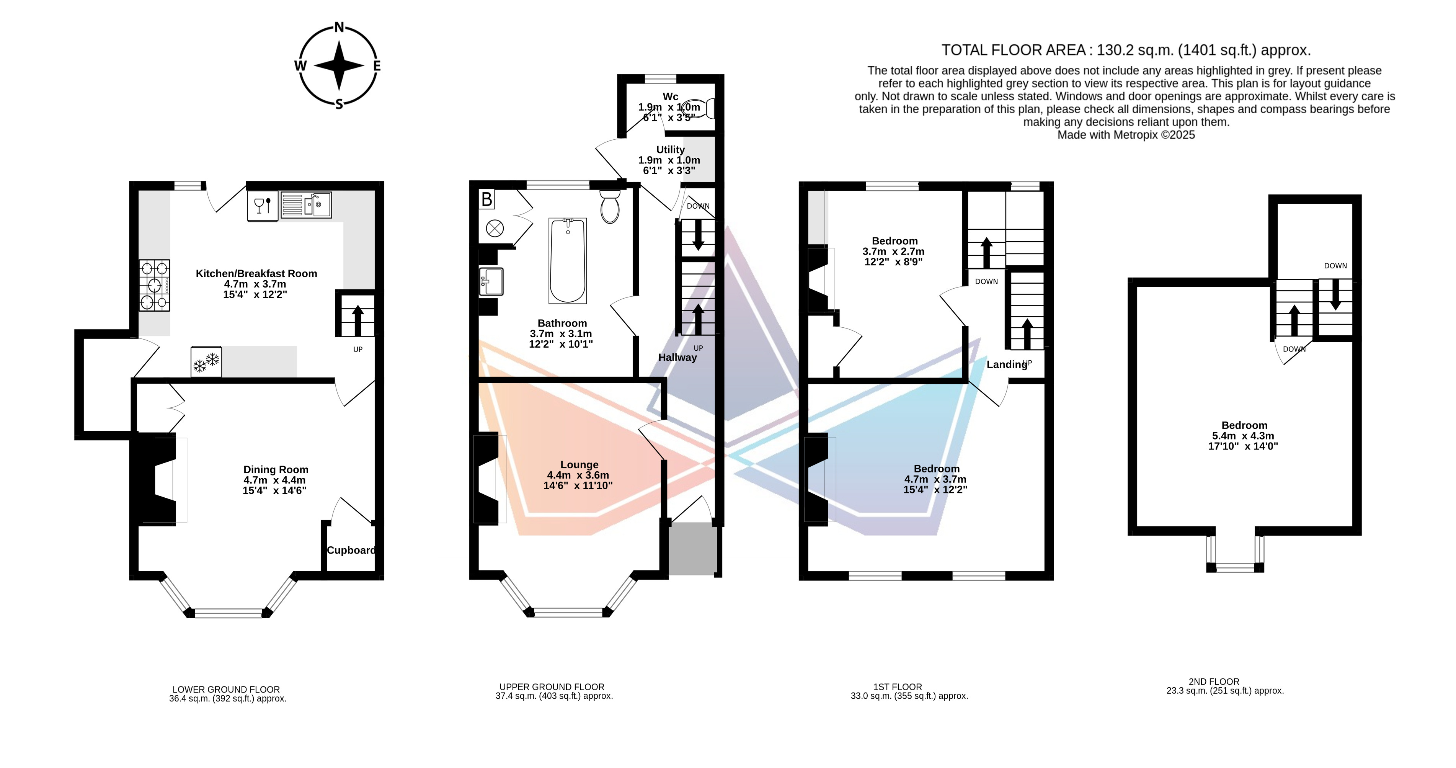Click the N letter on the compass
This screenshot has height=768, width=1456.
tap(339, 27)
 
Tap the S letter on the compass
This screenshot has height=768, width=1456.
tap(339, 103)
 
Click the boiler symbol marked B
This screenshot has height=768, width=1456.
tap(486, 199)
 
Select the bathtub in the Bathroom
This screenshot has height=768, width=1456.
tap(568, 261)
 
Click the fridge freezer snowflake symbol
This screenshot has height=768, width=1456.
tap(206, 362)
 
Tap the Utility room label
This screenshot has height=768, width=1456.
tap(670, 149)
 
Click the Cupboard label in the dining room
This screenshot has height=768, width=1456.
tap(351, 550)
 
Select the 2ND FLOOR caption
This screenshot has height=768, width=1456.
tap(1213, 681)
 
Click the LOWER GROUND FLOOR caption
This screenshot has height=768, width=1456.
tap(226, 690)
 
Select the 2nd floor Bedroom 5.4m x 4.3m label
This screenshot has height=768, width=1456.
tap(1244, 435)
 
